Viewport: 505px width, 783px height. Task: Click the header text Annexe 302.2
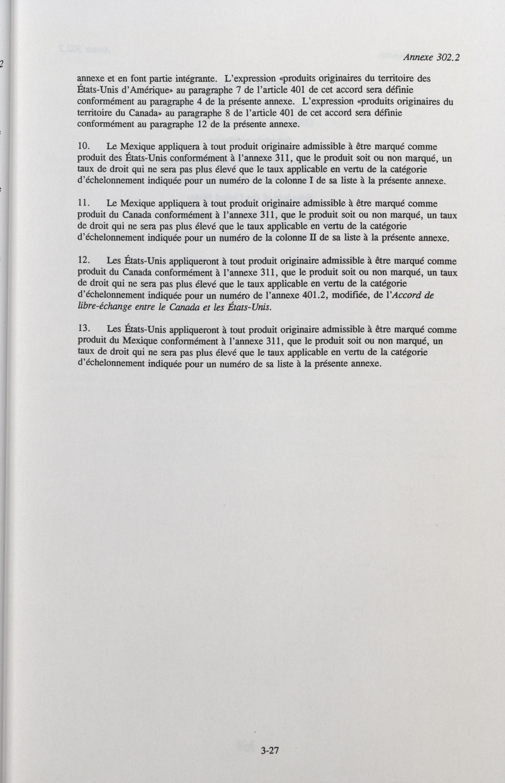point(431,58)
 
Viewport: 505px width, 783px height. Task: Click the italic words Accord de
point(413,295)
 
